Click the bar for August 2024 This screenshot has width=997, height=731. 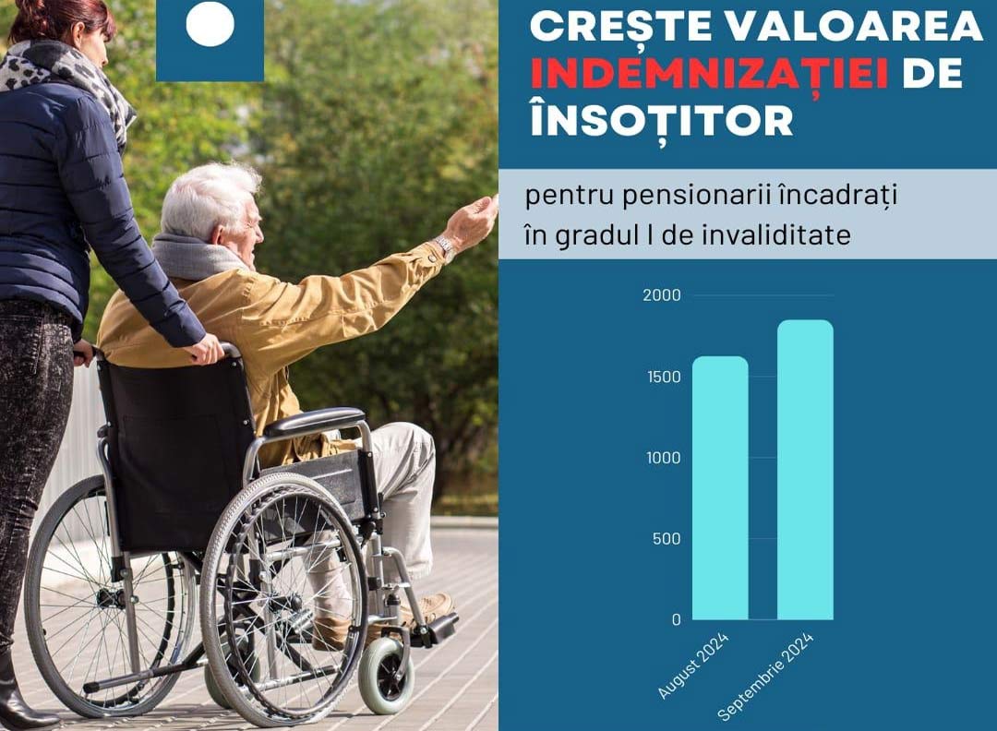click(x=720, y=487)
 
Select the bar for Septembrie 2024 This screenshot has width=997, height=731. click(x=805, y=470)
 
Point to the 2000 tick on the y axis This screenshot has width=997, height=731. click(x=661, y=295)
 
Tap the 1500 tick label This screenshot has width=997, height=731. click(x=664, y=377)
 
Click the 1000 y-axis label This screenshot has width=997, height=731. click(x=663, y=458)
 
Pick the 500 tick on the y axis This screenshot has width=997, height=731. click(x=667, y=538)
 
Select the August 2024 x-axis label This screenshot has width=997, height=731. click(x=693, y=665)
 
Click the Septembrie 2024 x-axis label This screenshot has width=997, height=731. click(x=765, y=677)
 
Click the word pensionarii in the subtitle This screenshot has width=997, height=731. click(x=696, y=196)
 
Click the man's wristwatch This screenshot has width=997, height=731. click(x=444, y=247)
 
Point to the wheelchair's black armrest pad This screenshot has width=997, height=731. click(x=315, y=422)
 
